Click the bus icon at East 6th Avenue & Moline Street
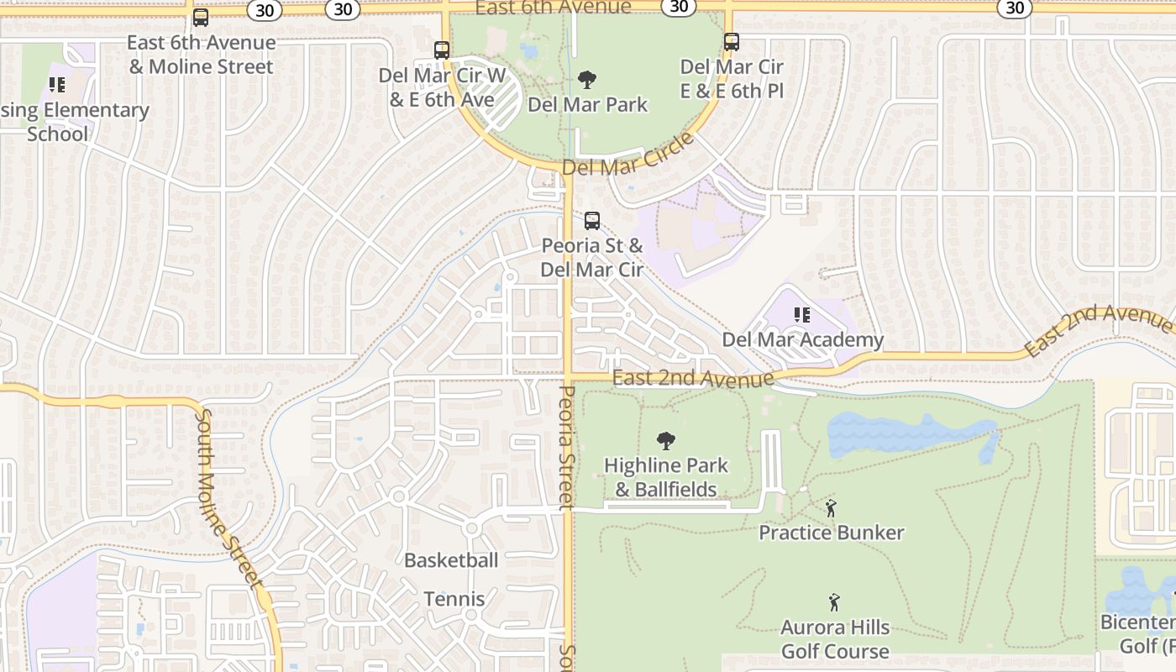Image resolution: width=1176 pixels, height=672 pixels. click(x=201, y=17)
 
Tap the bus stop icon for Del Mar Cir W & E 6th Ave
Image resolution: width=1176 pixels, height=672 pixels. click(x=442, y=50)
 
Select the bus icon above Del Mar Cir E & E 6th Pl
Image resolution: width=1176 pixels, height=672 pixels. click(x=732, y=41)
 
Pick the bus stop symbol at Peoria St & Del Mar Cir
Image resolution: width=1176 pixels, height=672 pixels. click(x=592, y=221)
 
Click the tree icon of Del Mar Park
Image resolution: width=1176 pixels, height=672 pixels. click(x=587, y=80)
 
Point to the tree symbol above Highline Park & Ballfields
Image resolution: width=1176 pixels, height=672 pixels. click(x=666, y=440)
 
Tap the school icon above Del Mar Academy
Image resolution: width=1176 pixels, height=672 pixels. click(x=802, y=315)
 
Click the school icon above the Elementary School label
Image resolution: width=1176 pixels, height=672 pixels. click(x=57, y=85)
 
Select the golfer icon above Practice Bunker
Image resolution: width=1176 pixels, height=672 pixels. click(x=831, y=508)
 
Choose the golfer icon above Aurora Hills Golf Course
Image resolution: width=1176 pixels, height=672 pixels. click(x=834, y=602)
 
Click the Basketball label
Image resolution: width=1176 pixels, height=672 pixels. click(x=451, y=560)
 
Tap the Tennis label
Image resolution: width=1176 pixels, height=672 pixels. click(x=454, y=599)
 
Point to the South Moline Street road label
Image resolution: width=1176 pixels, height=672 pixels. click(x=228, y=497)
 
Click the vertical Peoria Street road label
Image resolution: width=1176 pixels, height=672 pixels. click(x=567, y=447)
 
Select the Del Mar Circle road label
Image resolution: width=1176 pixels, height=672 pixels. click(x=628, y=156)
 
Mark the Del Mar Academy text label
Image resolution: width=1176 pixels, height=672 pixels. click(x=803, y=339)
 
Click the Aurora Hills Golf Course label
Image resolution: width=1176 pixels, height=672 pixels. click(x=835, y=639)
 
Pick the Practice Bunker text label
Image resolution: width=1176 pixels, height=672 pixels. click(x=832, y=533)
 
